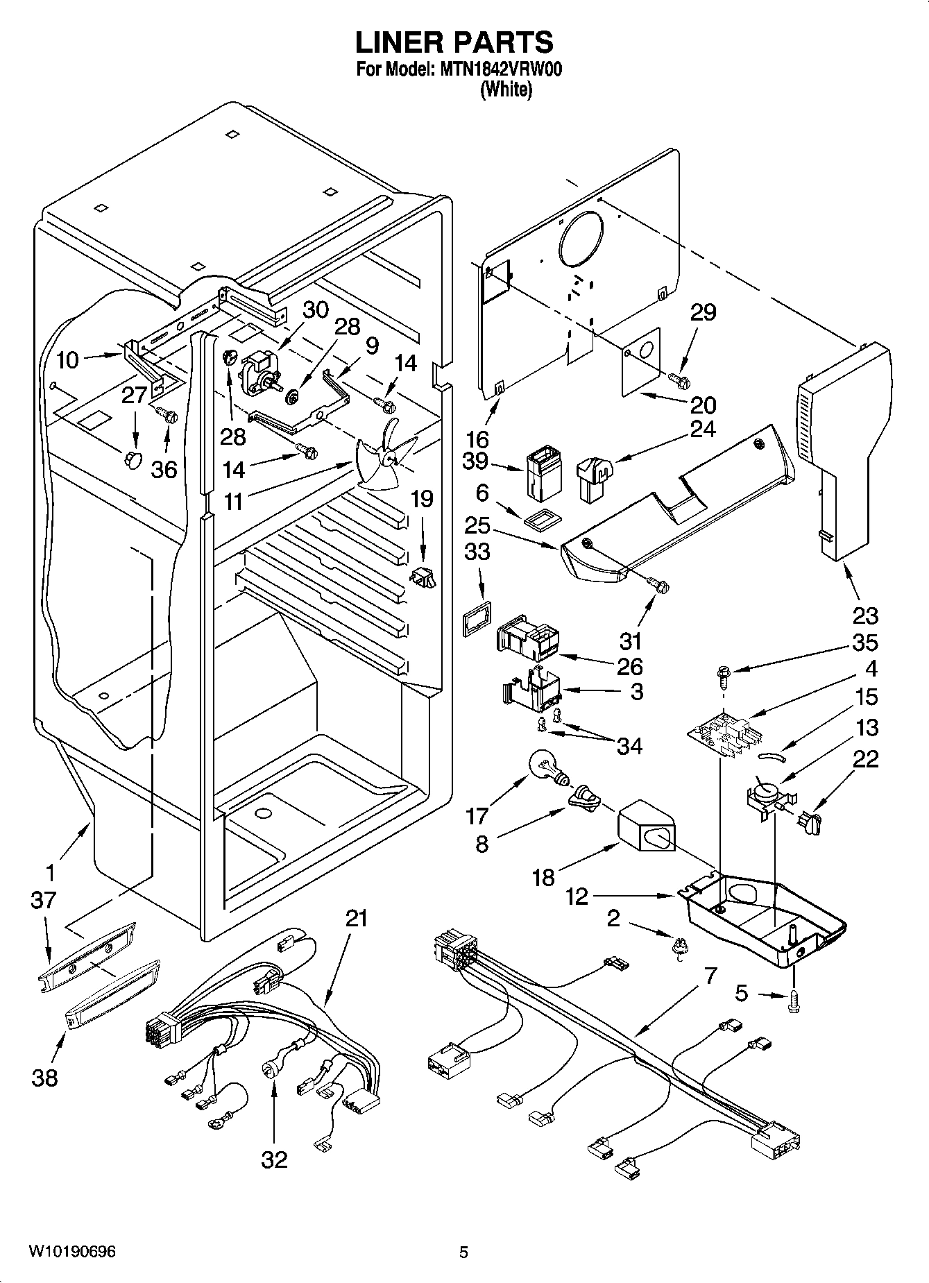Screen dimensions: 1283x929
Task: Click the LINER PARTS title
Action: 454,42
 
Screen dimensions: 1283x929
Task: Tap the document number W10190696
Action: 72,1252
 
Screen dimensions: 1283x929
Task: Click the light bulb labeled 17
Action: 547,767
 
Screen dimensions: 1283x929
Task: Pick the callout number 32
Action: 274,1159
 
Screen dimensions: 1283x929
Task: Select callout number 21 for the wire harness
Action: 356,919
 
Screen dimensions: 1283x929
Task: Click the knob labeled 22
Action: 809,824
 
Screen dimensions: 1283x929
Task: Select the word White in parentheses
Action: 506,90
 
